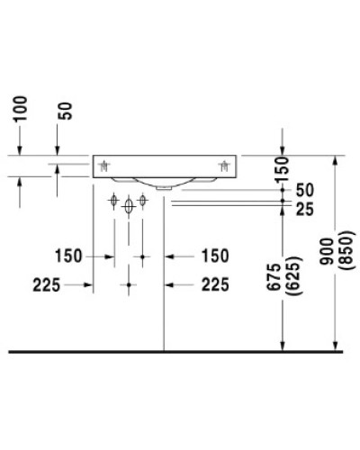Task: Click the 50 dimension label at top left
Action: point(64,112)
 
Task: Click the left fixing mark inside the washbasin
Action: point(106,165)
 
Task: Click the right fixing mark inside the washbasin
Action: point(224,165)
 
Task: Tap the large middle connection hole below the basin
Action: point(130,206)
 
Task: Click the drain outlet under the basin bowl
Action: point(163,188)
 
